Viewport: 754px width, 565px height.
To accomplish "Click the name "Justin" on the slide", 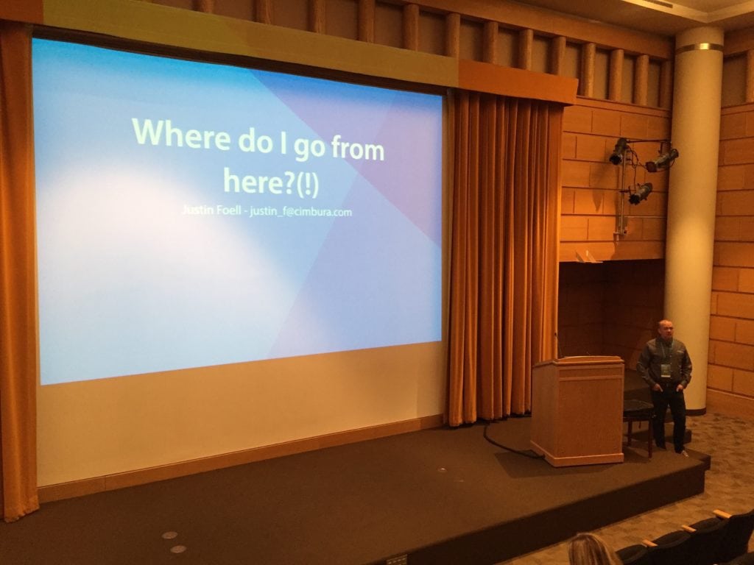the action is point(197,210).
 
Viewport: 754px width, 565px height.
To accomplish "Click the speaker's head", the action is point(665,329).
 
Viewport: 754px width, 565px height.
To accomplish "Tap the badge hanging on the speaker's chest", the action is point(666,369).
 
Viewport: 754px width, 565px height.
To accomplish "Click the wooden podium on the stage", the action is point(577,410).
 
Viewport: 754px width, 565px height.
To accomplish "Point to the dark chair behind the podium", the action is point(638,423).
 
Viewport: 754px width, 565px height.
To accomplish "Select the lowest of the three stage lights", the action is point(640,193).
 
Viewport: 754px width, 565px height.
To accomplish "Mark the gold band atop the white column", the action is point(700,48).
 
